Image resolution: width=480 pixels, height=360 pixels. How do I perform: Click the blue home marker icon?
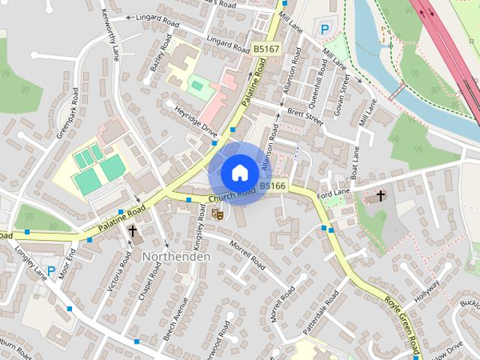click(238, 172)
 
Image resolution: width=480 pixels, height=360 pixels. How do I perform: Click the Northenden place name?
click(176, 256)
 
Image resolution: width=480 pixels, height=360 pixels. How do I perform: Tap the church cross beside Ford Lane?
click(380, 196)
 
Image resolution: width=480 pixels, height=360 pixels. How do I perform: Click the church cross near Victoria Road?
click(133, 231)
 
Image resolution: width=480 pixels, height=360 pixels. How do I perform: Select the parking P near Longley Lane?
click(51, 271)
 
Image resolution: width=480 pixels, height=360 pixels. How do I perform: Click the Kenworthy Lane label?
click(110, 37)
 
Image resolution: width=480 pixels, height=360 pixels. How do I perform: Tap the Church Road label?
click(232, 196)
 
